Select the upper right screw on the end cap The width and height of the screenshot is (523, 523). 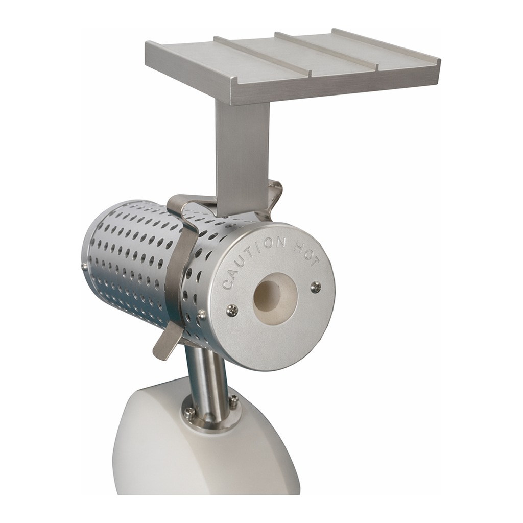click(x=316, y=287)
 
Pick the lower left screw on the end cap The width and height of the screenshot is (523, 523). click(x=232, y=311)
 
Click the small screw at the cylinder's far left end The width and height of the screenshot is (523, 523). click(x=84, y=266)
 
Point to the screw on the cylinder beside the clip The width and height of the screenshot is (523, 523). click(x=201, y=315)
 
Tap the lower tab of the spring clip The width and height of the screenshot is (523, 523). click(x=166, y=344)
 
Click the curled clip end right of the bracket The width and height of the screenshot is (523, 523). click(x=275, y=196)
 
